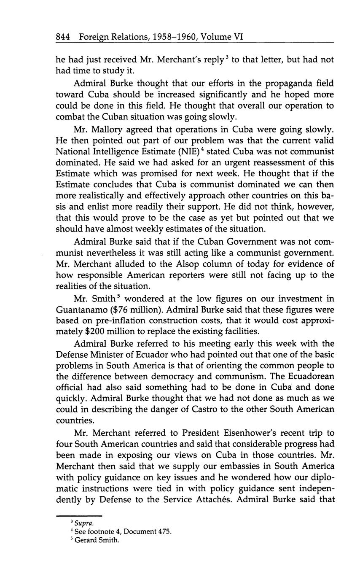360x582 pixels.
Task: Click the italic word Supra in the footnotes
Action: coord(82,523)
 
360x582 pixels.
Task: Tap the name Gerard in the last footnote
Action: coord(86,540)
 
